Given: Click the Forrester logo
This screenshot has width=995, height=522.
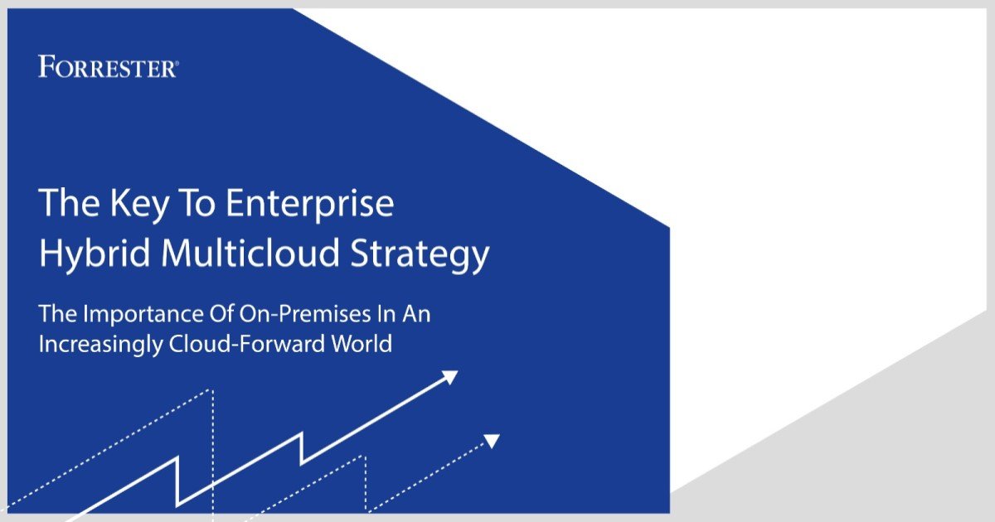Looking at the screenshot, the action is coord(109,66).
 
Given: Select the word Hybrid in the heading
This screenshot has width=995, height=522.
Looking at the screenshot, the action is coord(95,254).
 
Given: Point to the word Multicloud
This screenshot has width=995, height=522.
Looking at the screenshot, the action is coord(250,252).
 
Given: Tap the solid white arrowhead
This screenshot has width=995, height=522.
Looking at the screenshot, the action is coord(449,377).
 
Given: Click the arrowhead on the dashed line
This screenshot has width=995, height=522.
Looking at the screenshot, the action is coord(491,441).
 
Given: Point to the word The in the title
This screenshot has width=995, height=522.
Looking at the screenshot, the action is coord(70,203).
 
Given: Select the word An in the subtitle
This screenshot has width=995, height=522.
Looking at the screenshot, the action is coord(416,314).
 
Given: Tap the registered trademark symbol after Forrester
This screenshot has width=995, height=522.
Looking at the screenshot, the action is coord(177,65).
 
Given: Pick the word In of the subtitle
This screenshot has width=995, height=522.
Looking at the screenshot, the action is coord(386,314).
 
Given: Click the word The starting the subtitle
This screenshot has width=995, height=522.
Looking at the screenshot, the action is coord(58,314).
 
